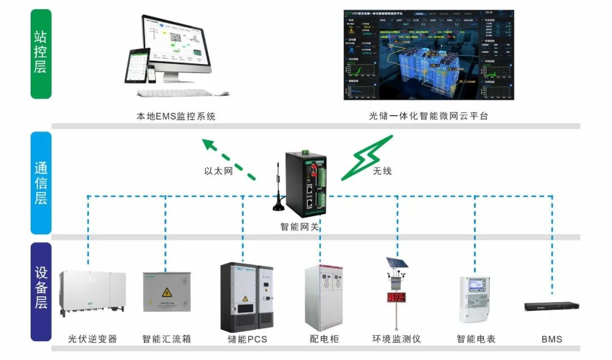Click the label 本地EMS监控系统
pyautogui.click(x=176, y=117)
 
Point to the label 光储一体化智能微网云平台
pyautogui.click(x=428, y=116)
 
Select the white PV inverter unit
pyautogui.click(x=91, y=293)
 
